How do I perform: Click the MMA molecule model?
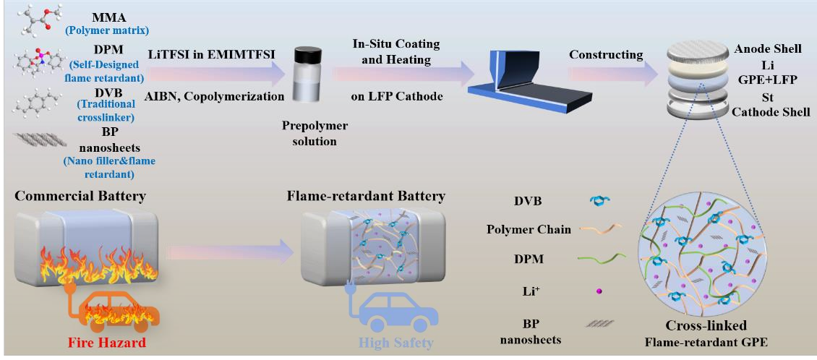[36, 20]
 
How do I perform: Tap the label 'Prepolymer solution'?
[315, 134]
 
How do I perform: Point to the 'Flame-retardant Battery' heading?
[365, 197]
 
